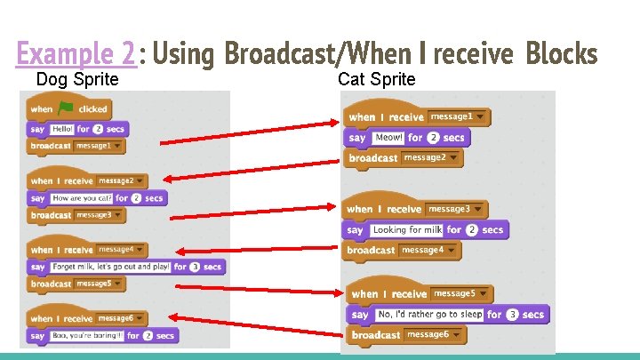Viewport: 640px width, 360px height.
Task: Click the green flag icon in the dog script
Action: [65, 109]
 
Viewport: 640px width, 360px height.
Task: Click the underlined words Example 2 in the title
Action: [76, 55]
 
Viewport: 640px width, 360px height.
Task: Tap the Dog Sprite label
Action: [76, 80]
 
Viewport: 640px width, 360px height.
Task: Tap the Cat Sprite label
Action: [376, 80]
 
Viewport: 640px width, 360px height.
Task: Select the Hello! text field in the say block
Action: [62, 128]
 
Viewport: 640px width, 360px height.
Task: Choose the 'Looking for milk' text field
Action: [406, 229]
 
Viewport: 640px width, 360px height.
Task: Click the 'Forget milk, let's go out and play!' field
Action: [111, 267]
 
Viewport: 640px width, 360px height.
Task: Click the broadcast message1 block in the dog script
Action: [76, 145]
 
